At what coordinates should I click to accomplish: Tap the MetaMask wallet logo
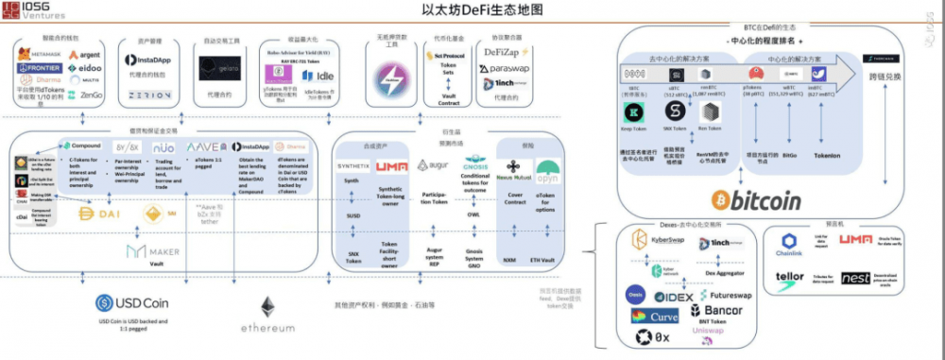tap(39, 56)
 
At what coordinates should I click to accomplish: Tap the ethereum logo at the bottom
tap(268, 311)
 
